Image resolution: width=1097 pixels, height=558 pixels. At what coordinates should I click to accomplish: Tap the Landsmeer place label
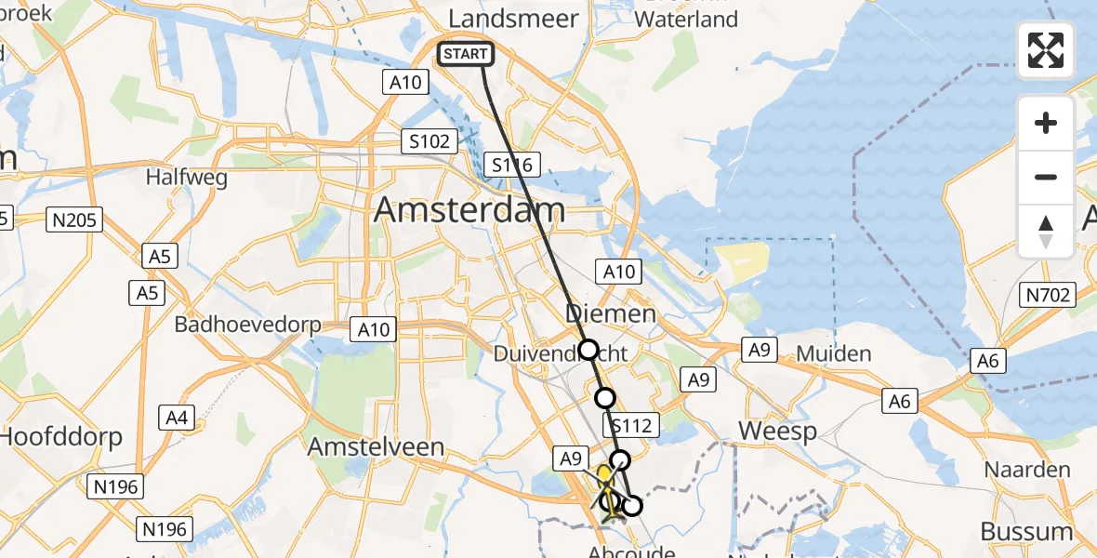[513, 19]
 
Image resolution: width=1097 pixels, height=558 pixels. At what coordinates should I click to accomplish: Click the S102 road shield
[430, 142]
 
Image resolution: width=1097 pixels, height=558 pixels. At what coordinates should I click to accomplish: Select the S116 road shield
[513, 166]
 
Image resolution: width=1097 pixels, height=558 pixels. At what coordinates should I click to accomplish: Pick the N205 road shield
[74, 220]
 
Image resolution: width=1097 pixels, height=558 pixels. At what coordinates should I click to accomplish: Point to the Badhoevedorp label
[248, 325]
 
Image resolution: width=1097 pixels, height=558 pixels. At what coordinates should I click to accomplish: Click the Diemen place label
[612, 313]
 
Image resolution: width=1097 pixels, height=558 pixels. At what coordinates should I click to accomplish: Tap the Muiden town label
[833, 353]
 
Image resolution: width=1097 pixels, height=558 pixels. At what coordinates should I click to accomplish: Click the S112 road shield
[632, 427]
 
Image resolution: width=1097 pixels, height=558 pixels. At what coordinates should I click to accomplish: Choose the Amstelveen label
[377, 446]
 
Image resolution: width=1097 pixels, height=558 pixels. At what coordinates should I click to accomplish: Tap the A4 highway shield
[177, 418]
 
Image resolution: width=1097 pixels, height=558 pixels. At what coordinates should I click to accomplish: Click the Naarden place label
[1027, 470]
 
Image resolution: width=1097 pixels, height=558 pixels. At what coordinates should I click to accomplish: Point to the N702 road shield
[1049, 296]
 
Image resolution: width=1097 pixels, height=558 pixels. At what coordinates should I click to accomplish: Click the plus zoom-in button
[1046, 123]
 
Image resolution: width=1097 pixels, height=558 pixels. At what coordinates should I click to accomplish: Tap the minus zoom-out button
[1046, 177]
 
